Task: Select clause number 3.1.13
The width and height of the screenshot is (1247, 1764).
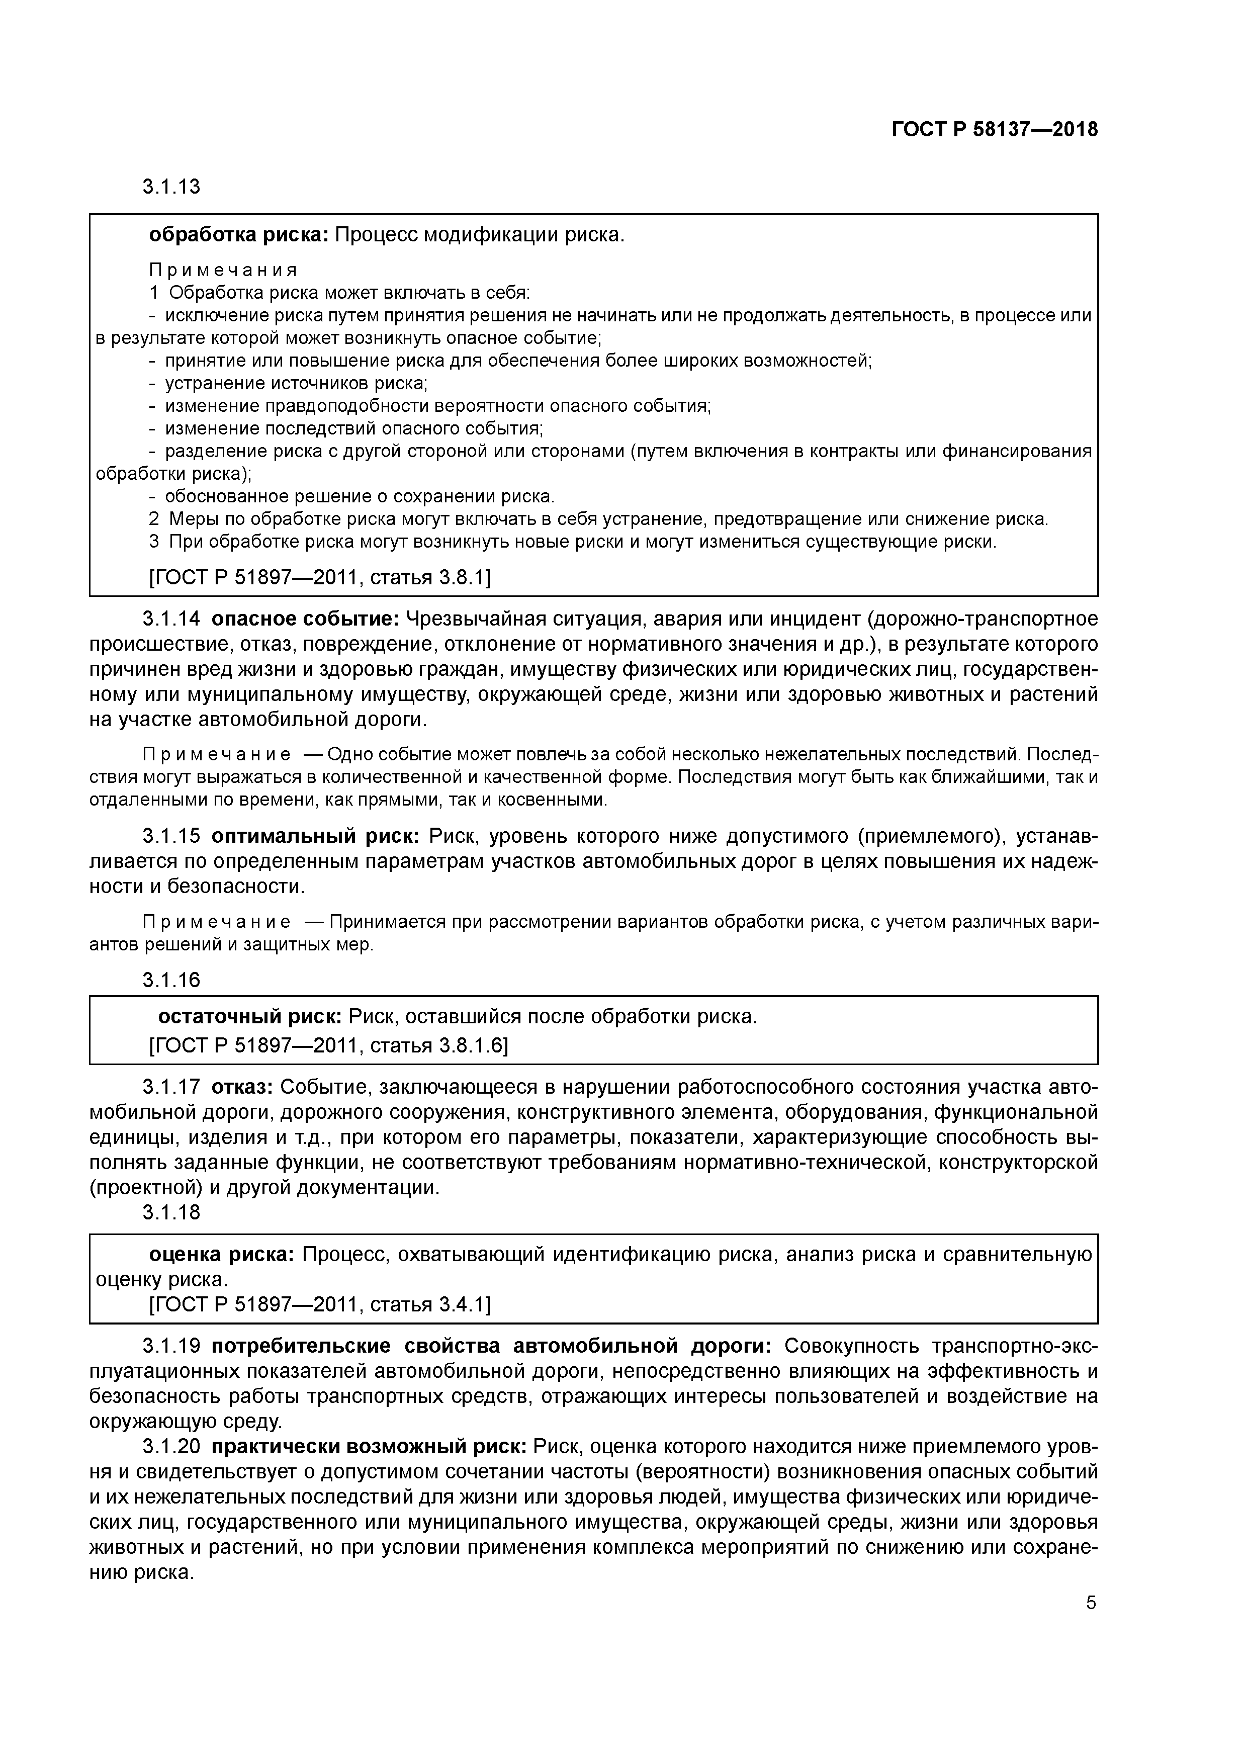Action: (x=170, y=187)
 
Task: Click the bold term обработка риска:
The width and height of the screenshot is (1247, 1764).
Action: (x=238, y=234)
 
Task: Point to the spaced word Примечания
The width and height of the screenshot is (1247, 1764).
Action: (x=223, y=271)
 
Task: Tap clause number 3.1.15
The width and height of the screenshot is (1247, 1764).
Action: (x=170, y=836)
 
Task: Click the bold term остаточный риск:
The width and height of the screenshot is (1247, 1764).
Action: (x=250, y=1016)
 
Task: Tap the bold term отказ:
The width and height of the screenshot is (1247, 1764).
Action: (x=242, y=1087)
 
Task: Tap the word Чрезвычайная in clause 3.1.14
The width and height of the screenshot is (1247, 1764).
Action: (x=471, y=619)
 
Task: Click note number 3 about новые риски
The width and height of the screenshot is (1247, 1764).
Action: (x=154, y=542)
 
